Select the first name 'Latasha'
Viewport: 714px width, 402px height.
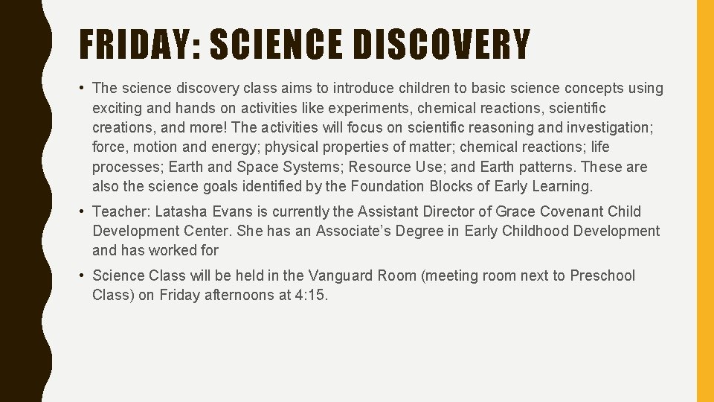pyautogui.click(x=179, y=212)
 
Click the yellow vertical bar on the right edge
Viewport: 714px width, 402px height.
pyautogui.click(x=704, y=201)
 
